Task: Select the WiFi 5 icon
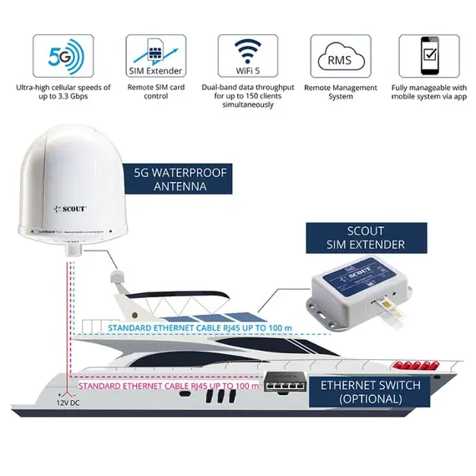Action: tap(247, 57)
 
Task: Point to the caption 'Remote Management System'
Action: tap(339, 92)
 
